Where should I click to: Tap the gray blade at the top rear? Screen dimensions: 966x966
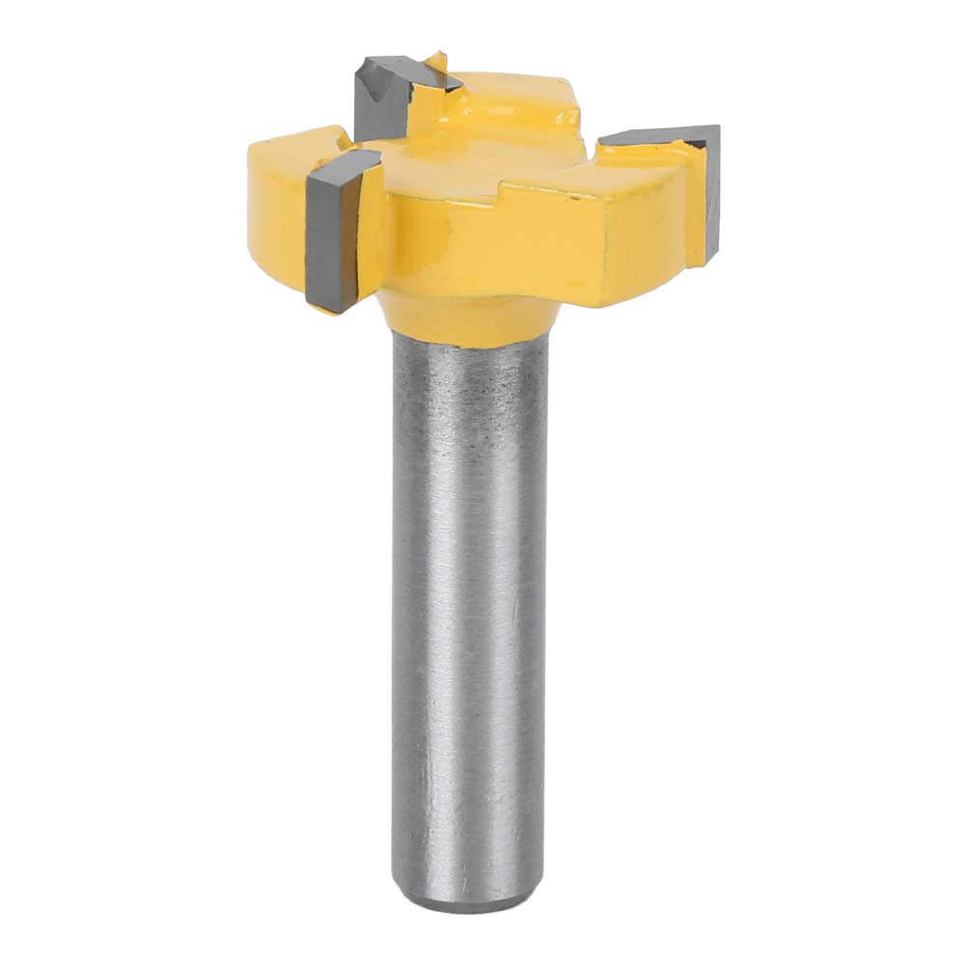(x=384, y=96)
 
